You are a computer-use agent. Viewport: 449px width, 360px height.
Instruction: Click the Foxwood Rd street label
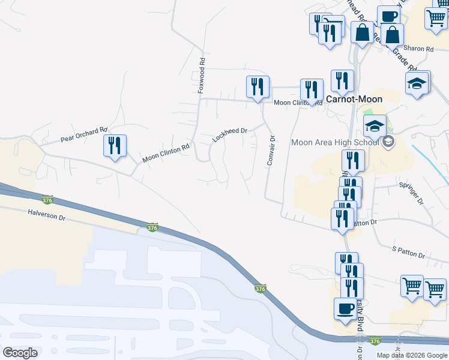(x=202, y=75)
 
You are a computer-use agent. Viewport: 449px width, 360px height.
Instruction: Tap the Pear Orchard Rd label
(x=83, y=134)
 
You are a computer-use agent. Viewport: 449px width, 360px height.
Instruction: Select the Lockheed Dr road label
(x=230, y=135)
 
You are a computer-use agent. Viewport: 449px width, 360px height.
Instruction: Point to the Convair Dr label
(x=271, y=151)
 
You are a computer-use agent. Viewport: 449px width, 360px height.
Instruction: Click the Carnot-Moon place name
(x=354, y=99)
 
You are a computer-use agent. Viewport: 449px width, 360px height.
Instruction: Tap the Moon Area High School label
(x=334, y=142)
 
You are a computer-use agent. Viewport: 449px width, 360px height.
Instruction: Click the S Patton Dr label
(x=408, y=252)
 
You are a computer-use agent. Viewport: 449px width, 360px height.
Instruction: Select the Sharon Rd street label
(x=418, y=49)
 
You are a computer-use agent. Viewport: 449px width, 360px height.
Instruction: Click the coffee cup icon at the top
(x=388, y=16)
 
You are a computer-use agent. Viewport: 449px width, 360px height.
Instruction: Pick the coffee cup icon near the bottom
(x=345, y=308)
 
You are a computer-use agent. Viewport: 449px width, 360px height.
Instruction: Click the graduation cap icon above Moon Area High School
(x=374, y=126)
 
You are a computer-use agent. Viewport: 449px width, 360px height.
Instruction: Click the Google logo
(x=20, y=352)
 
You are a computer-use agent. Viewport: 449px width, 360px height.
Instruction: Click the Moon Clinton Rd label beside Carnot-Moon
(x=294, y=103)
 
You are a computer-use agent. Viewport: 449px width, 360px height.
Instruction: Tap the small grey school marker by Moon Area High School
(x=388, y=142)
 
